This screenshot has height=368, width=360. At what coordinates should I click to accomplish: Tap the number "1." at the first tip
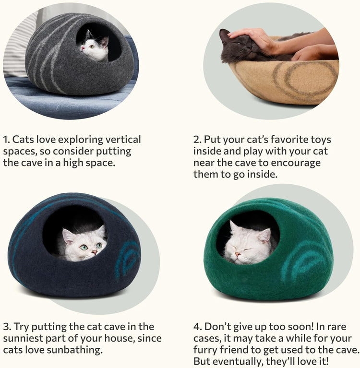click(x=6, y=140)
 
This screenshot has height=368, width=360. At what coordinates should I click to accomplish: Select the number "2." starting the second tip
click(x=197, y=140)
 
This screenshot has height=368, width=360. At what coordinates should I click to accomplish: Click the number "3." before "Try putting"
click(x=7, y=327)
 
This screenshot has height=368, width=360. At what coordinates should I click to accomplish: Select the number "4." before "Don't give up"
click(x=197, y=327)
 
